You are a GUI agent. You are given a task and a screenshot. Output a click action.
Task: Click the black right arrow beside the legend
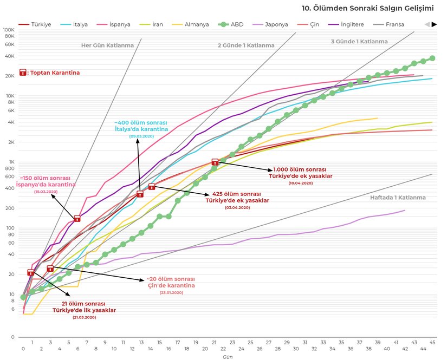(434, 24)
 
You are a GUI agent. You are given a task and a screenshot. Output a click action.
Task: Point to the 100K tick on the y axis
(9, 30)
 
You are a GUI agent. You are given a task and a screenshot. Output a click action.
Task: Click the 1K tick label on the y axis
(11, 162)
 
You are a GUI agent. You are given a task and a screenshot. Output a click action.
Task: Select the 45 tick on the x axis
(432, 342)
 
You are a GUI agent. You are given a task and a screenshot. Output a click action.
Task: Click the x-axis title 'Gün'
(228, 356)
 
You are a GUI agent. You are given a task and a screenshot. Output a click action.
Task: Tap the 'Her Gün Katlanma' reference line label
(107, 45)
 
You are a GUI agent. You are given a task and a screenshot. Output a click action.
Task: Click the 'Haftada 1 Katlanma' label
(398, 198)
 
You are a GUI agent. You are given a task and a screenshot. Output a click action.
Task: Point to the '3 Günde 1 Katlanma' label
(359, 42)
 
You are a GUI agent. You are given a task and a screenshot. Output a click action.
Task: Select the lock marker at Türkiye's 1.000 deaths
(215, 161)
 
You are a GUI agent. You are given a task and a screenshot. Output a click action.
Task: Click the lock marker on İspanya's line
(77, 218)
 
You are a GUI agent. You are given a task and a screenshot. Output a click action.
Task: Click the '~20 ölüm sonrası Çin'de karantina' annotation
(171, 282)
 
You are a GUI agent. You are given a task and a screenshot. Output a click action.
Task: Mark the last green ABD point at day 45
(432, 58)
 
